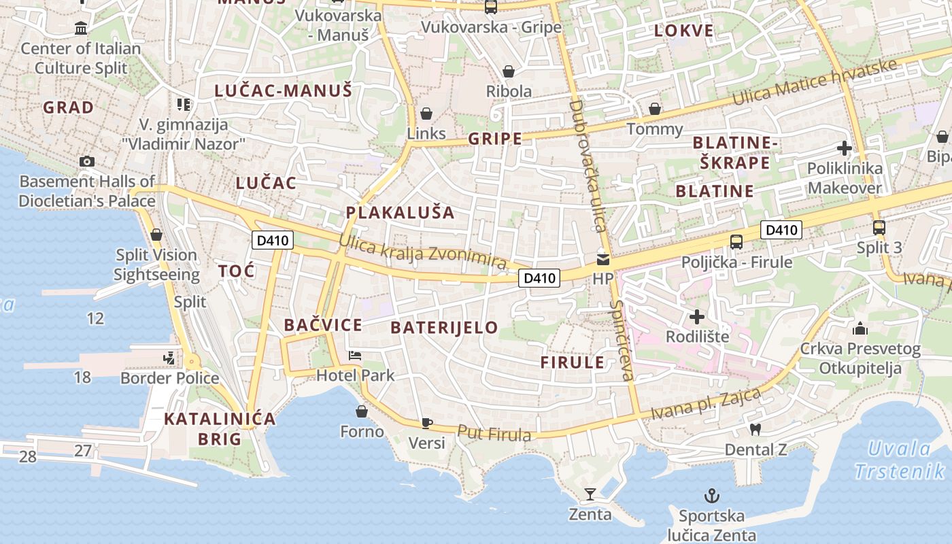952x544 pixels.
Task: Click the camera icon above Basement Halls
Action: pyautogui.click(x=87, y=161)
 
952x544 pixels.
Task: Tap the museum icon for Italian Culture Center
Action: pyautogui.click(x=82, y=29)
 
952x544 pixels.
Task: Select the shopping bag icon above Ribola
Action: pyautogui.click(x=508, y=71)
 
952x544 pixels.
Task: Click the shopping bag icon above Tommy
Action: pyautogui.click(x=654, y=109)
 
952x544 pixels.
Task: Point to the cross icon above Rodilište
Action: pyautogui.click(x=696, y=316)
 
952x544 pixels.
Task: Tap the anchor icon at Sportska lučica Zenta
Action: pyautogui.click(x=711, y=496)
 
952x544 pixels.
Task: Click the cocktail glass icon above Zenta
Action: pyautogui.click(x=590, y=494)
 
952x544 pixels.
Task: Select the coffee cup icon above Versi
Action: pyautogui.click(x=426, y=423)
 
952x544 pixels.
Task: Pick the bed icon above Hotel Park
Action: pyautogui.click(x=354, y=355)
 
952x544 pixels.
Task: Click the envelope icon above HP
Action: pyautogui.click(x=602, y=259)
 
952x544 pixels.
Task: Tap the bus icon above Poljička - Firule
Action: pyautogui.click(x=736, y=241)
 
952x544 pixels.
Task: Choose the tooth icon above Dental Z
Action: pyautogui.click(x=754, y=429)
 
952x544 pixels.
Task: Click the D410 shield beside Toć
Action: pyautogui.click(x=272, y=239)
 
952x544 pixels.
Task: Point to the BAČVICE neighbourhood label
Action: pyautogui.click(x=323, y=325)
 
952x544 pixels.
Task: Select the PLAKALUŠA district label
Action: pyautogui.click(x=400, y=212)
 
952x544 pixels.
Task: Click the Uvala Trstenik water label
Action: pyautogui.click(x=899, y=460)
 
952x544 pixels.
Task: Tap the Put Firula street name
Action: pyautogui.click(x=494, y=432)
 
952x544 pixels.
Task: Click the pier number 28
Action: pyautogui.click(x=28, y=456)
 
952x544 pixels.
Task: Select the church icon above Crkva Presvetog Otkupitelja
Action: pyautogui.click(x=860, y=330)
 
